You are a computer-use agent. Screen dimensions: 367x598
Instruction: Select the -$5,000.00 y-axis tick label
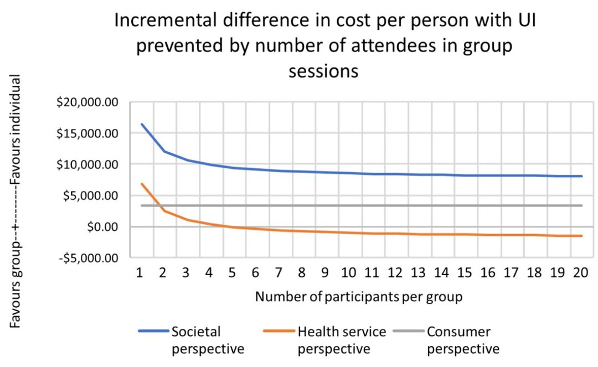coord(94,258)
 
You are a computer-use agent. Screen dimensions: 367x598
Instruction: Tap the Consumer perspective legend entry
coord(463,340)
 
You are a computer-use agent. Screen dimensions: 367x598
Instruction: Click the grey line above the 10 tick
coord(348,205)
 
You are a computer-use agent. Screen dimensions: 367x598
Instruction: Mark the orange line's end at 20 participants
coord(582,236)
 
